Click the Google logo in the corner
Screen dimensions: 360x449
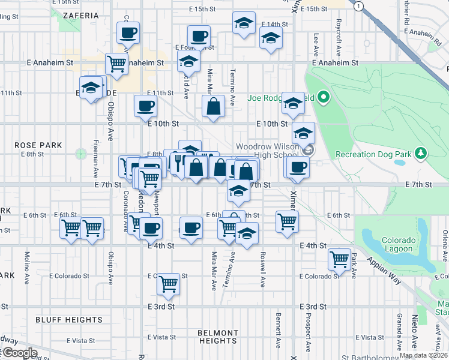coord(19,353)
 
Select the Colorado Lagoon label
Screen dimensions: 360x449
coord(397,244)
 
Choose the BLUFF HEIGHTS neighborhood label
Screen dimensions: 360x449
coord(61,320)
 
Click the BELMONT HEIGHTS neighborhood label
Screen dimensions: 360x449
coord(218,337)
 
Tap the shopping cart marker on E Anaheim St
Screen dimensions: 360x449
coord(116,63)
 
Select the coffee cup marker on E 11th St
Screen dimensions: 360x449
coord(145,106)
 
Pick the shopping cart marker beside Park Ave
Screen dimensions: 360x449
coord(340,259)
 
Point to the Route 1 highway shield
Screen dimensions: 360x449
coord(358,5)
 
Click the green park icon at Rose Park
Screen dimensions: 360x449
coord(80,154)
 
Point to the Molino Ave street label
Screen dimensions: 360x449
coord(27,262)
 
